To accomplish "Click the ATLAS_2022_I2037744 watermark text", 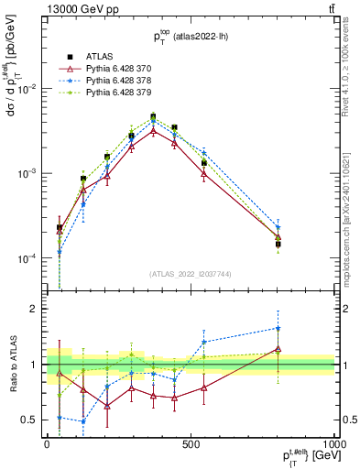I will (x=191, y=274).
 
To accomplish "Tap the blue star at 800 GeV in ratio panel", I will (x=278, y=328).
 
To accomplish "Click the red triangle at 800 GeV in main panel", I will (x=278, y=237).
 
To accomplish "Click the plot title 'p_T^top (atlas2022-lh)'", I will (x=191, y=36).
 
